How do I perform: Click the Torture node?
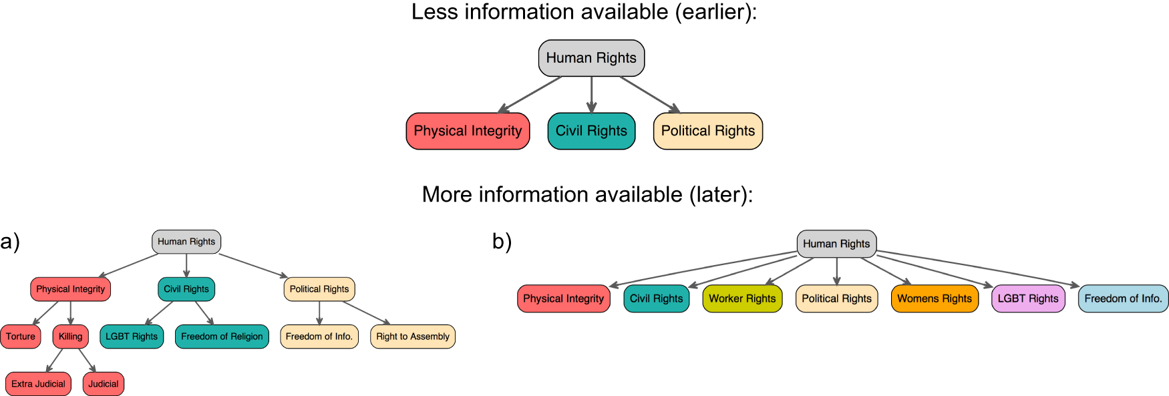pos(21,337)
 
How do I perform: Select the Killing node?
pos(70,337)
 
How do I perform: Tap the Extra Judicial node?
pos(38,384)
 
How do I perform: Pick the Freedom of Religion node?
pos(222,337)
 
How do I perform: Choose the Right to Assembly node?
pos(412,337)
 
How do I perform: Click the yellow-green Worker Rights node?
pos(742,299)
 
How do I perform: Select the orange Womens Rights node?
pos(934,299)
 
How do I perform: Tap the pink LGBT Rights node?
pos(1028,299)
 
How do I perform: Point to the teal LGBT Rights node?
pos(132,337)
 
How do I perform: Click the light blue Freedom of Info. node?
pos(1123,299)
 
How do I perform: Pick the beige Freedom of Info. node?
pos(319,337)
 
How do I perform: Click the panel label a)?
pos(10,242)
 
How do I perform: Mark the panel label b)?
pos(502,242)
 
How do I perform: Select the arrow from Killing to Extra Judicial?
pos(55,361)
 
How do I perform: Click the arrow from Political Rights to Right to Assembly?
pos(365,313)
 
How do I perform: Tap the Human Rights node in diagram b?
pos(836,244)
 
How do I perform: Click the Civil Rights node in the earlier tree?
pos(591,131)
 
